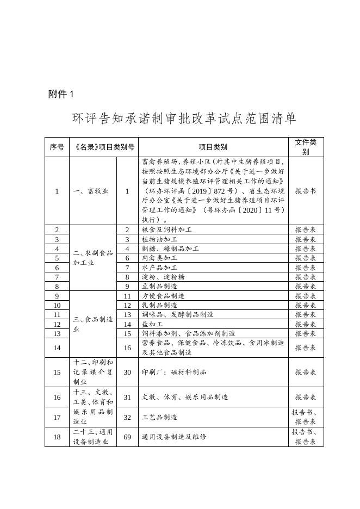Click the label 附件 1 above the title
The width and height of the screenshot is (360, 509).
coord(60,94)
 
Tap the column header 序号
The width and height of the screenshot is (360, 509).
coord(57,147)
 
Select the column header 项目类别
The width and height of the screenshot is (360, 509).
coord(213,147)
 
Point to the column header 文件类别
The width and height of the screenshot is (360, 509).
coord(306,147)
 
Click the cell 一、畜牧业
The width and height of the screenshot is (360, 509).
coord(91,191)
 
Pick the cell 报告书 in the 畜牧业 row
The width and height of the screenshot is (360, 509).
coord(306,191)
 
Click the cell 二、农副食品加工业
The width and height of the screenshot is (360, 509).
coord(92,258)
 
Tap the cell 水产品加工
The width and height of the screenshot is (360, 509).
coord(159,268)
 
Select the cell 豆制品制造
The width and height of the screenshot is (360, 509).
coord(159,286)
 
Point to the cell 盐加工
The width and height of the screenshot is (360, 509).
coord(152,324)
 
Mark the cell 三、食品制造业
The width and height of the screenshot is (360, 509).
coord(92,324)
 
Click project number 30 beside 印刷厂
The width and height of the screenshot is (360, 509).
coord(127,372)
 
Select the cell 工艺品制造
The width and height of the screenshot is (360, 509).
coord(159,417)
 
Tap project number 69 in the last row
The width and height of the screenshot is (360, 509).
coord(127,437)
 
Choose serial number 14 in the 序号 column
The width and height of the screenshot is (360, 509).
coord(57,347)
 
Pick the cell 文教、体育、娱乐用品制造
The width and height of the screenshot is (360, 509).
coord(184,397)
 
